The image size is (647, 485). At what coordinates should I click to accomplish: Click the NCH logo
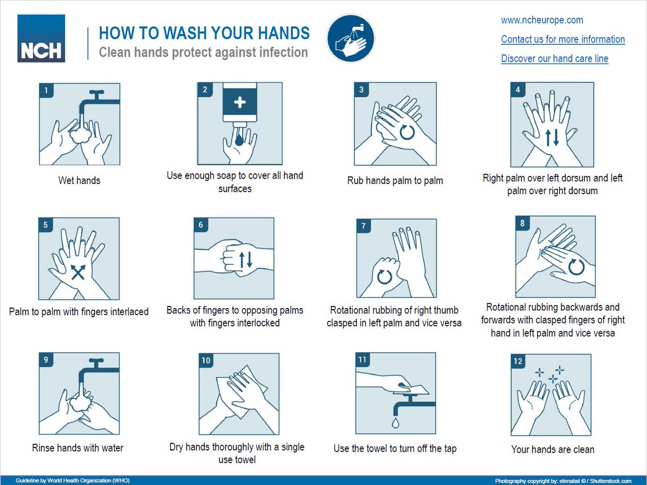click(42, 38)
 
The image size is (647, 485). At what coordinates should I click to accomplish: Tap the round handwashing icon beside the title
click(350, 38)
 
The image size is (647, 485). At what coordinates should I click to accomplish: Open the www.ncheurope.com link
click(542, 20)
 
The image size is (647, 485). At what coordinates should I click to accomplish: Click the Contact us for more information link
click(563, 39)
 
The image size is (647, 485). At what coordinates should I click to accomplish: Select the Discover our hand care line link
click(555, 58)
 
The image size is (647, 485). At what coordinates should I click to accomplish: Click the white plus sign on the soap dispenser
click(239, 103)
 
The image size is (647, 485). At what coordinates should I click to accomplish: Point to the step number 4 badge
click(518, 90)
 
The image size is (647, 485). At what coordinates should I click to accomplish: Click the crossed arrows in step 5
click(78, 272)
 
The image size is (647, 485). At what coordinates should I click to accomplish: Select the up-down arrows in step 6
click(245, 259)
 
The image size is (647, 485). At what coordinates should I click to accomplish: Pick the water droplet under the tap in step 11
click(395, 422)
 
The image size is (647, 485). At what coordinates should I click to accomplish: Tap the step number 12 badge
click(518, 361)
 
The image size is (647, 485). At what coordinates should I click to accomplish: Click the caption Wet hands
click(79, 180)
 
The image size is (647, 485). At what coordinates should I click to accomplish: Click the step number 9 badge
click(46, 360)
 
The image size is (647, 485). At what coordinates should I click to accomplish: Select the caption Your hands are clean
click(553, 449)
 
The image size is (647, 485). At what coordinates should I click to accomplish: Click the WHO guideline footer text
click(73, 481)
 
